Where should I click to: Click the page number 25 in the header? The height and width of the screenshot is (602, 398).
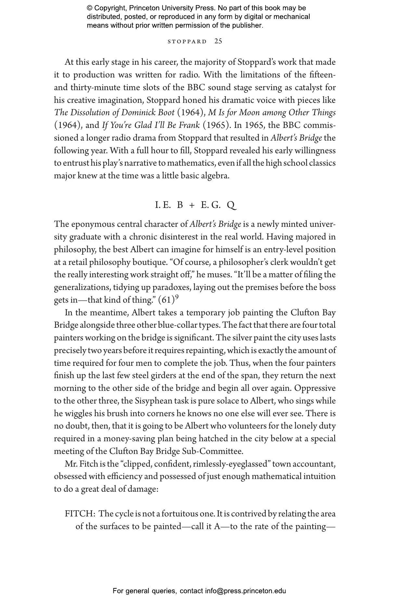click(x=218, y=41)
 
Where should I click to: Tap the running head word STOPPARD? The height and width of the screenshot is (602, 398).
click(x=187, y=42)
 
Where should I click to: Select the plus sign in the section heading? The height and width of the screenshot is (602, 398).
click(x=192, y=205)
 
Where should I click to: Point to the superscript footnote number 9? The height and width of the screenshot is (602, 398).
click(x=177, y=297)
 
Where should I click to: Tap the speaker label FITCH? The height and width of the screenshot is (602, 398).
click(x=80, y=514)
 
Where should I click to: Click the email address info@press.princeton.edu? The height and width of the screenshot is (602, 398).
click(x=245, y=591)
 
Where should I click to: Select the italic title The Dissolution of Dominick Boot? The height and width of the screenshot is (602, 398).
click(x=114, y=113)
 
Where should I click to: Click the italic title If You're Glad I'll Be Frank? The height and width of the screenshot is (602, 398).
click(x=151, y=125)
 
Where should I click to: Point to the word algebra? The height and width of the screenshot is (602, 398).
click(x=214, y=176)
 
